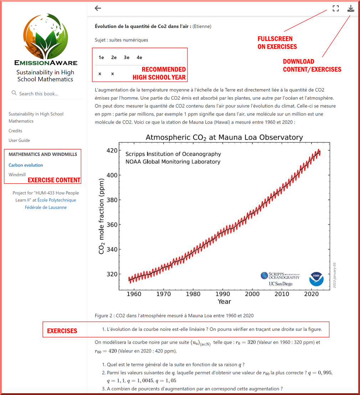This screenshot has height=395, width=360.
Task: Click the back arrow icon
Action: [98, 8]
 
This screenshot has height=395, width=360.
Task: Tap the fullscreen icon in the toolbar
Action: [335, 8]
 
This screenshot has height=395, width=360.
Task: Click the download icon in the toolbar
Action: [351, 8]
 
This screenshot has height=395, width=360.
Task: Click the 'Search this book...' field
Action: [46, 93]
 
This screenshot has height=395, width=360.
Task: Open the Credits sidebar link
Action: [15, 131]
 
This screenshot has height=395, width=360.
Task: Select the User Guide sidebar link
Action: [19, 141]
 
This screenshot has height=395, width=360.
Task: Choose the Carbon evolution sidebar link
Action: [26, 165]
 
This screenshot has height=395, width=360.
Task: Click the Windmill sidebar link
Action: [17, 175]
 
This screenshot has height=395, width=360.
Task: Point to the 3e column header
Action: [127, 57]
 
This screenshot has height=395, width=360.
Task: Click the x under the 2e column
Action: [113, 74]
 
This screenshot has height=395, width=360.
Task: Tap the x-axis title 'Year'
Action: [224, 302]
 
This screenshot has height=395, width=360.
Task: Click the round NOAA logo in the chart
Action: [316, 279]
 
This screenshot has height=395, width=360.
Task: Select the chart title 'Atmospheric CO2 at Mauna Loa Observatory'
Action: [224, 137]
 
